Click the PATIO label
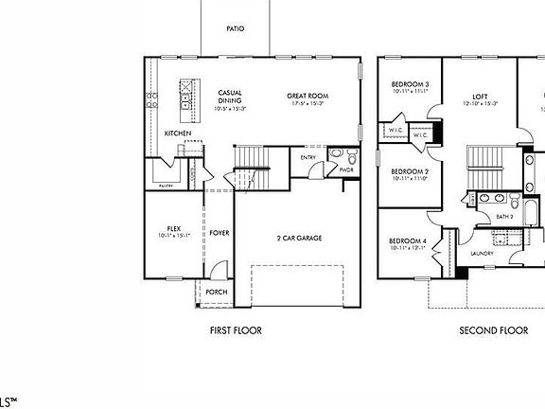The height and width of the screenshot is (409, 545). (236, 29)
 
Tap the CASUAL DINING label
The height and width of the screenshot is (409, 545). (230, 97)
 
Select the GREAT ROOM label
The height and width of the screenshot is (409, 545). (308, 96)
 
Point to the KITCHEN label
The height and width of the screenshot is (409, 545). (178, 133)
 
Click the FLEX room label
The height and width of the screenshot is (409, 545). (174, 229)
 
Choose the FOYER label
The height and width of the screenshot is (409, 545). (220, 233)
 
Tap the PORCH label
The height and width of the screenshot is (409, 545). (216, 292)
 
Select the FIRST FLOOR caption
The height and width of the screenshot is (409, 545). (236, 330)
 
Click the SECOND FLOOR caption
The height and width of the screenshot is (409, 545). (493, 330)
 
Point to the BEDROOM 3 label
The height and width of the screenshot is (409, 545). (411, 85)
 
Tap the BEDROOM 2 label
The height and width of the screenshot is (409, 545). (411, 171)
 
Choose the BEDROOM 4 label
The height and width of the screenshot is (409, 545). (408, 242)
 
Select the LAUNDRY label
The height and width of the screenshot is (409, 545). (483, 253)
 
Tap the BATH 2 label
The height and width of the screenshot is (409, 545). (505, 217)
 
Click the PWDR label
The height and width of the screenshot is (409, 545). (346, 170)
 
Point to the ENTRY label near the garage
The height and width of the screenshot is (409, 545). (308, 157)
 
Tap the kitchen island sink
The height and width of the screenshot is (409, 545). (186, 94)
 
